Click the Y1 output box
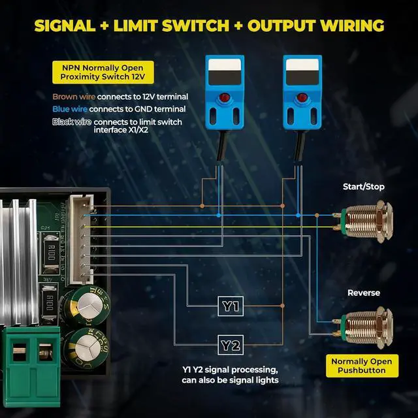(231, 306)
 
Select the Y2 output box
(231, 345)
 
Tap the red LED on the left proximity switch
(225, 97)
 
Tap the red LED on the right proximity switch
(302, 97)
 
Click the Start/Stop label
(364, 187)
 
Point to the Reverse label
(364, 293)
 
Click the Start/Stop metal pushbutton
(364, 221)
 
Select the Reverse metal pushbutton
(364, 327)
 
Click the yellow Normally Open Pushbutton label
(362, 366)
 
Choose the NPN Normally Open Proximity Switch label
(103, 72)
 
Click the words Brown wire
(74, 97)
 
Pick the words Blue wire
(70, 109)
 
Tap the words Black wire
(72, 122)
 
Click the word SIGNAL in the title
(65, 26)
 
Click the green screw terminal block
(31, 366)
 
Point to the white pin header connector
(81, 240)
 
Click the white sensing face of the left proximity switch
(225, 65)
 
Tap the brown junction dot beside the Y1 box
(282, 306)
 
